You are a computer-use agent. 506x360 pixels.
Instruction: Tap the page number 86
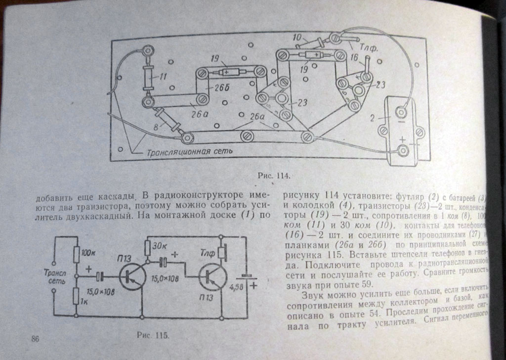coord(35,338)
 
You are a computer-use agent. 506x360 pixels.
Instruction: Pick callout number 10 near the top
coord(297,37)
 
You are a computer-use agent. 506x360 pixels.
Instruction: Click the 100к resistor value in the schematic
coord(91,253)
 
